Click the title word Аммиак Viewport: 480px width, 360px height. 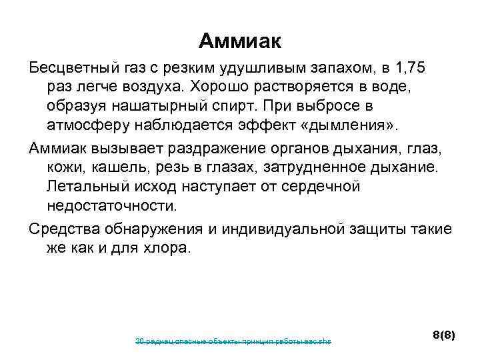tap(240, 42)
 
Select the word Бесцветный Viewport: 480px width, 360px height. tap(73, 67)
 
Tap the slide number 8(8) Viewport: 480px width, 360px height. tap(443, 335)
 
